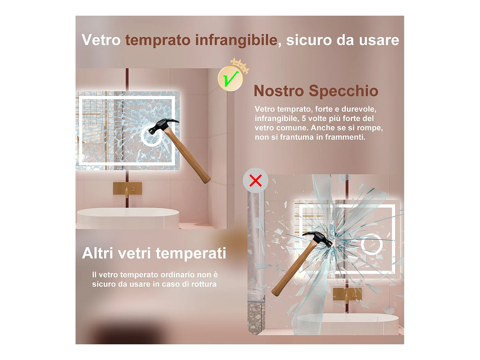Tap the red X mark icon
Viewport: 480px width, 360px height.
point(255,180)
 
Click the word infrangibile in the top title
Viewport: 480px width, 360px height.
point(236,40)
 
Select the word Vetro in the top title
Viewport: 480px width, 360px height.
point(101,40)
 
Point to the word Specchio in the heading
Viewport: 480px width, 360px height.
point(343,91)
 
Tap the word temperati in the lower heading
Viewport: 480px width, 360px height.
point(191,253)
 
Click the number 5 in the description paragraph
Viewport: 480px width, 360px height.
point(304,118)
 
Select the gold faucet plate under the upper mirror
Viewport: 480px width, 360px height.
point(127,188)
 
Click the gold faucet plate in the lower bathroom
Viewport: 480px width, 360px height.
point(347,294)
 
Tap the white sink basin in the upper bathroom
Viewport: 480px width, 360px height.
point(128,218)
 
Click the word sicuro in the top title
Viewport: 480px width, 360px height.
point(309,40)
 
